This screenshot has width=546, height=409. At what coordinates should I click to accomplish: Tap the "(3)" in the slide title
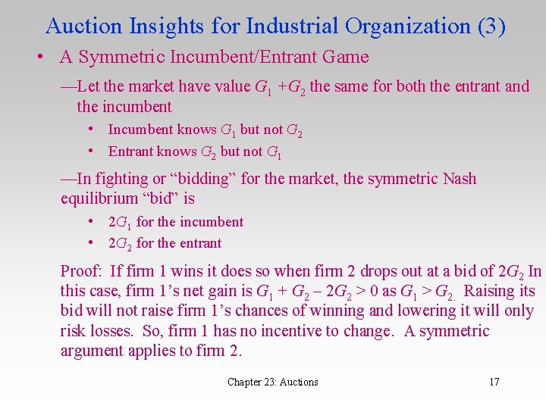click(491, 26)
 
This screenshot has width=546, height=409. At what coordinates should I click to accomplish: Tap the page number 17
click(494, 382)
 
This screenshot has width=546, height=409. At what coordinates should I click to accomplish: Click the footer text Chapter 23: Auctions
click(273, 382)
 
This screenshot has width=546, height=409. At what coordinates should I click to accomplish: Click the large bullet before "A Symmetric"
click(37, 57)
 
